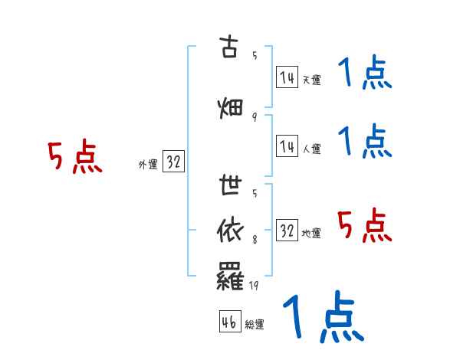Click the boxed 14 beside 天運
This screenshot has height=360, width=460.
point(287,77)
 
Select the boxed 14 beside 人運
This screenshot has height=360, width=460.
point(287,146)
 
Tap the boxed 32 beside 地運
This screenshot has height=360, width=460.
point(287,231)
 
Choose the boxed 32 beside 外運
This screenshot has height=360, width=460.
point(173,162)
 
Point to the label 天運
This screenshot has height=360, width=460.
point(311,80)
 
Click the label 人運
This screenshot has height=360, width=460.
point(311,149)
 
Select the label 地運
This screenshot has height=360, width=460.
point(311,233)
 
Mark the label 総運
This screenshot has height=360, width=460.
point(255,325)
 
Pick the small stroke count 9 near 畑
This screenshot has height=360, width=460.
point(254,117)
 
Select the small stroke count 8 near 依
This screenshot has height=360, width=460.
point(254,241)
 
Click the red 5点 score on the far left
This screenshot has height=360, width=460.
point(74,156)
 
